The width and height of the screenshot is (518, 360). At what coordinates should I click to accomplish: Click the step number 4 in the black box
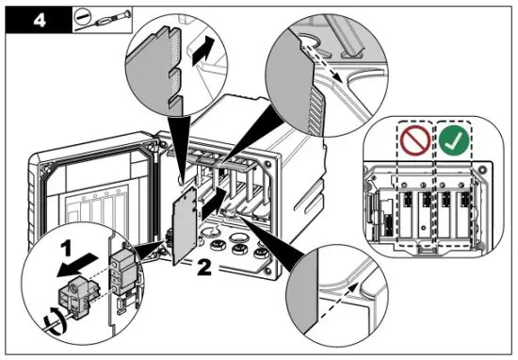pyautogui.click(x=40, y=21)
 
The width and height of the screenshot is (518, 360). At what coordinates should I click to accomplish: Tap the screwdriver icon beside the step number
pyautogui.click(x=103, y=20)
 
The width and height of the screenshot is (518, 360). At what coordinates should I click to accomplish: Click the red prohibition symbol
pyautogui.click(x=415, y=140)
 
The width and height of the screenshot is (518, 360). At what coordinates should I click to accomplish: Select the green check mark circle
pyautogui.click(x=454, y=140)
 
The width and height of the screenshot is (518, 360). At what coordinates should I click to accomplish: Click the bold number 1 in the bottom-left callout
pyautogui.click(x=67, y=249)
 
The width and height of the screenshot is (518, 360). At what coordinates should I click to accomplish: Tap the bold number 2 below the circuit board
pyautogui.click(x=204, y=267)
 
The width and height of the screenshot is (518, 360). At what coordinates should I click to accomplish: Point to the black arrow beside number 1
pyautogui.click(x=76, y=266)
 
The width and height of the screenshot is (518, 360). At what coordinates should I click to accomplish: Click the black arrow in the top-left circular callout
pyautogui.click(x=202, y=50)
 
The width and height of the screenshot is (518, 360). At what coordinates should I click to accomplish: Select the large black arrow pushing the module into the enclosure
pyautogui.click(x=214, y=204)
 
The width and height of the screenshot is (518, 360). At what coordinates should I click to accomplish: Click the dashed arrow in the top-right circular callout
pyautogui.click(x=322, y=63)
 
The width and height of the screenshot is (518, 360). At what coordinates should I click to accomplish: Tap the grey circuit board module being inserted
pyautogui.click(x=185, y=225)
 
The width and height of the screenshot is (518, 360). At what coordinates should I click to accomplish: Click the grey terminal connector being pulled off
pyautogui.click(x=73, y=298)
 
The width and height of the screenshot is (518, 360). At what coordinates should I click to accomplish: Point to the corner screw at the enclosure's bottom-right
pyautogui.click(x=267, y=271)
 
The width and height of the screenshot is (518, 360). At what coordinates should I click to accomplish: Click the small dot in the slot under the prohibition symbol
pyautogui.click(x=423, y=227)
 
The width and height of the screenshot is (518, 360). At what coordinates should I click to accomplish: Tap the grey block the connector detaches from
pyautogui.click(x=124, y=272)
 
